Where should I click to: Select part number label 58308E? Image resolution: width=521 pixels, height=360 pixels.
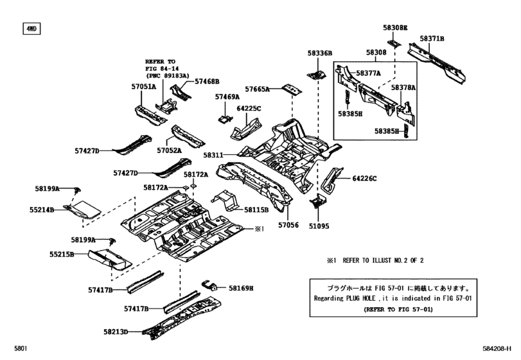396,28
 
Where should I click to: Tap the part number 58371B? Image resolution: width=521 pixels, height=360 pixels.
432,39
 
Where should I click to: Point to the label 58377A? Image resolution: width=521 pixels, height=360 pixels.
368,73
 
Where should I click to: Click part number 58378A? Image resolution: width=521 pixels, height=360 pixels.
404,87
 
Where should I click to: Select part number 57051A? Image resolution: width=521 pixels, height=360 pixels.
143,85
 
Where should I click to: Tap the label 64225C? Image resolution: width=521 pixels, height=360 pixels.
249,109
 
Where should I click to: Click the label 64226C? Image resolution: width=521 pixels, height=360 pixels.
364,178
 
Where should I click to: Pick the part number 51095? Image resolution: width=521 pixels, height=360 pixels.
319,225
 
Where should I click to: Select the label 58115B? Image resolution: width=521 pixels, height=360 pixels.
256,210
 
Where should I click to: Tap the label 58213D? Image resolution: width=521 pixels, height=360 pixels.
115,332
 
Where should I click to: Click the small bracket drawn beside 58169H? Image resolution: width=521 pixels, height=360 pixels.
209,287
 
